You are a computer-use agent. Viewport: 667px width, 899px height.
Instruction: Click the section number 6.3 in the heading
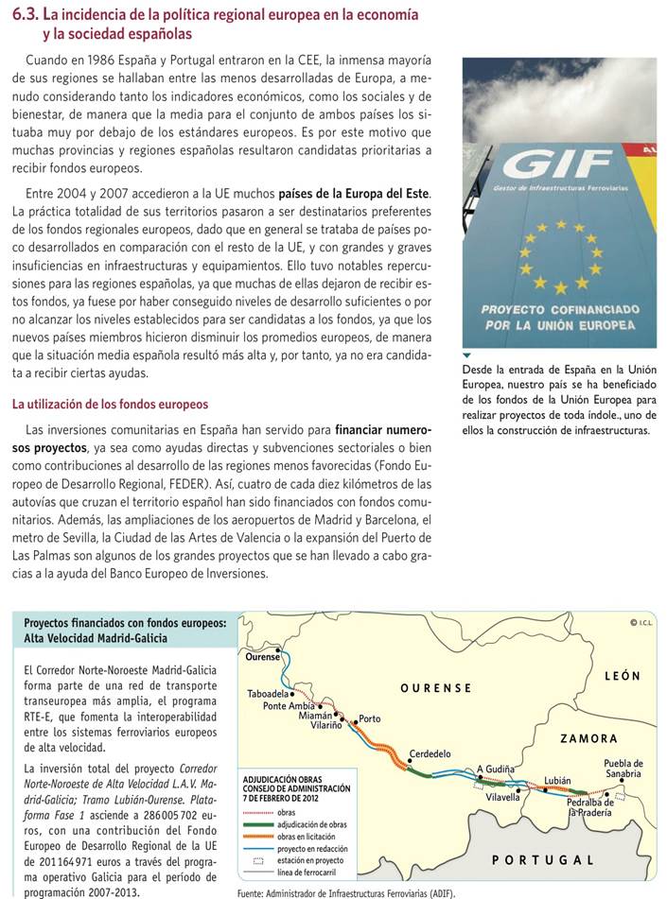click(x=26, y=15)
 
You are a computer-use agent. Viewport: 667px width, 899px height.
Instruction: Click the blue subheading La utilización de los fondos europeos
click(x=110, y=405)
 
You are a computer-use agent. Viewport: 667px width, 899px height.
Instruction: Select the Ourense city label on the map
click(x=262, y=657)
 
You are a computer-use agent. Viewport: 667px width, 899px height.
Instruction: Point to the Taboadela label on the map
click(x=273, y=693)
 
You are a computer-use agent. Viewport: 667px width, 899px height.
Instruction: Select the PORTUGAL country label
click(x=544, y=860)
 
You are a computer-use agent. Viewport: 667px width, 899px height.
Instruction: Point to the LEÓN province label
click(x=622, y=676)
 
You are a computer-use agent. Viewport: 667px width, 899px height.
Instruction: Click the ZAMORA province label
click(x=588, y=738)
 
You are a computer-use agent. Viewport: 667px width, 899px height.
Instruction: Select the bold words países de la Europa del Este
click(x=354, y=194)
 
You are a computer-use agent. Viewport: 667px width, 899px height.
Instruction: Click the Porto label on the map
click(x=370, y=719)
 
